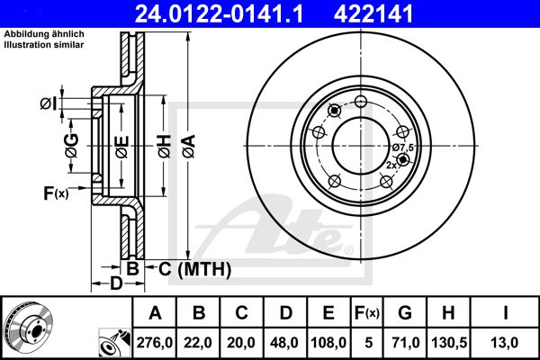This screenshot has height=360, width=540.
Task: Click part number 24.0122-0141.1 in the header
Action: coord(219,13)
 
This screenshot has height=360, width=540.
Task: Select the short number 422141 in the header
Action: coord(373,13)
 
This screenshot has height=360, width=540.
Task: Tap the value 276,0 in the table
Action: coord(154,343)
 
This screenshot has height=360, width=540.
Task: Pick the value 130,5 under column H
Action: coord(449,343)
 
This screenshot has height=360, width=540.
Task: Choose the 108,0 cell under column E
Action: coord(328,343)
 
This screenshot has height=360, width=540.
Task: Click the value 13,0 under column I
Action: coord(505,343)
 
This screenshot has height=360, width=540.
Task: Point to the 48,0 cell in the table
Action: coord(284,343)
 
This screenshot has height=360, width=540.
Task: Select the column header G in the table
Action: coord(405,313)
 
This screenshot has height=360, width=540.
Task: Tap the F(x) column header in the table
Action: coord(366,313)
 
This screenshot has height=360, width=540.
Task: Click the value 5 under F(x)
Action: coord(368,343)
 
